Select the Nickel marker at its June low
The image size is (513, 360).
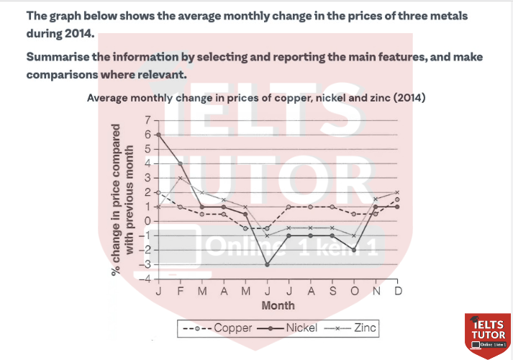(x=267, y=264)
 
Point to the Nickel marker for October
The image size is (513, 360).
(x=353, y=250)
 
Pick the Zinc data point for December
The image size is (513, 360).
(x=397, y=192)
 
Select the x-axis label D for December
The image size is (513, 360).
(x=397, y=290)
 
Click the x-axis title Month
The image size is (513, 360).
(x=278, y=305)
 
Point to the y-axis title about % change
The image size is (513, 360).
(x=122, y=209)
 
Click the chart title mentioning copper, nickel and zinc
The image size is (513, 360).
(x=255, y=98)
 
